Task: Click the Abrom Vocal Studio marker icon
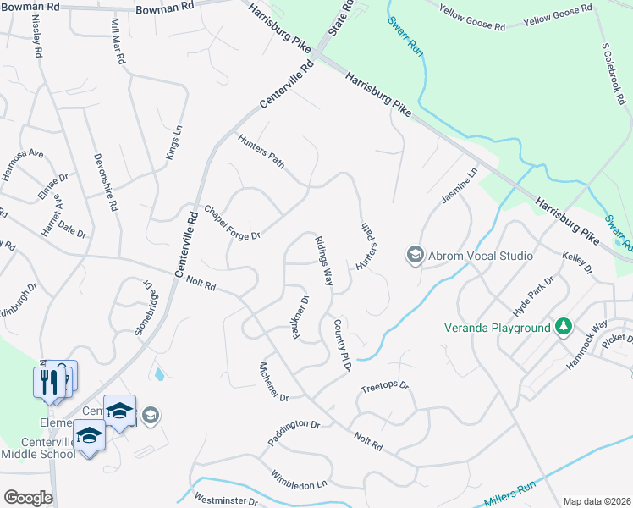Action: pyautogui.click(x=415, y=254)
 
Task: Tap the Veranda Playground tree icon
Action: pyautogui.click(x=563, y=327)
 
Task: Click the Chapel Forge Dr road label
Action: pyautogui.click(x=231, y=222)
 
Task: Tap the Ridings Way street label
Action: pyautogui.click(x=324, y=261)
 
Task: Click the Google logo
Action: pyautogui.click(x=28, y=497)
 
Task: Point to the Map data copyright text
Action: pyautogui.click(x=597, y=501)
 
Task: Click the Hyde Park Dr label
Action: pyautogui.click(x=537, y=292)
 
